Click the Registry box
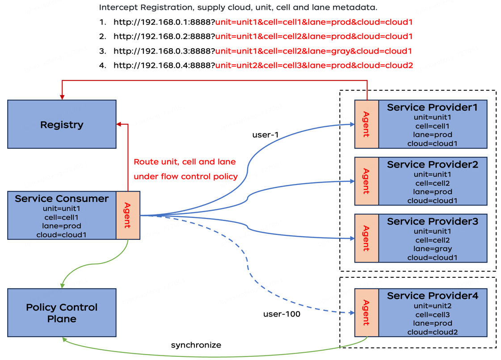coord(62,124)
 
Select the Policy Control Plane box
coord(62,313)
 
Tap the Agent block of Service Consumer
coord(128,215)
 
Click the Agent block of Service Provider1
coord(366,124)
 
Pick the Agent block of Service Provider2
coord(366,181)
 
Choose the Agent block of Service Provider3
coord(366,238)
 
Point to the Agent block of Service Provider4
coord(366,313)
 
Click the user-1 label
coord(265,135)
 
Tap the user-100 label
coord(282,314)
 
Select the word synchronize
coord(196,345)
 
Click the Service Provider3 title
coord(432,222)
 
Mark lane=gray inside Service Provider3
coord(432,249)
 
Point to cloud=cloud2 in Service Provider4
coord(432,332)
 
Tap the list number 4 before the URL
coord(103,66)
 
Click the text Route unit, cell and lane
coord(185,162)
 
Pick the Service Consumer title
coord(62,199)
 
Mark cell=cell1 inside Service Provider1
coord(432,126)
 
